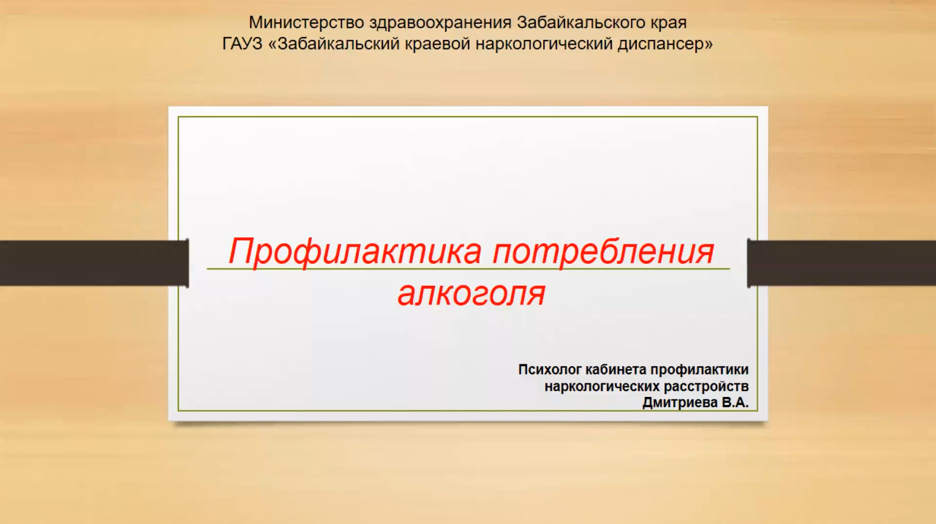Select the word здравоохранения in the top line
(440, 23)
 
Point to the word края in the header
(668, 23)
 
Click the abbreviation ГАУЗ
(242, 43)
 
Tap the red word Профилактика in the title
(354, 251)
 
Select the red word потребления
(603, 251)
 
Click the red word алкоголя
(471, 293)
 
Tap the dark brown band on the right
(842, 263)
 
